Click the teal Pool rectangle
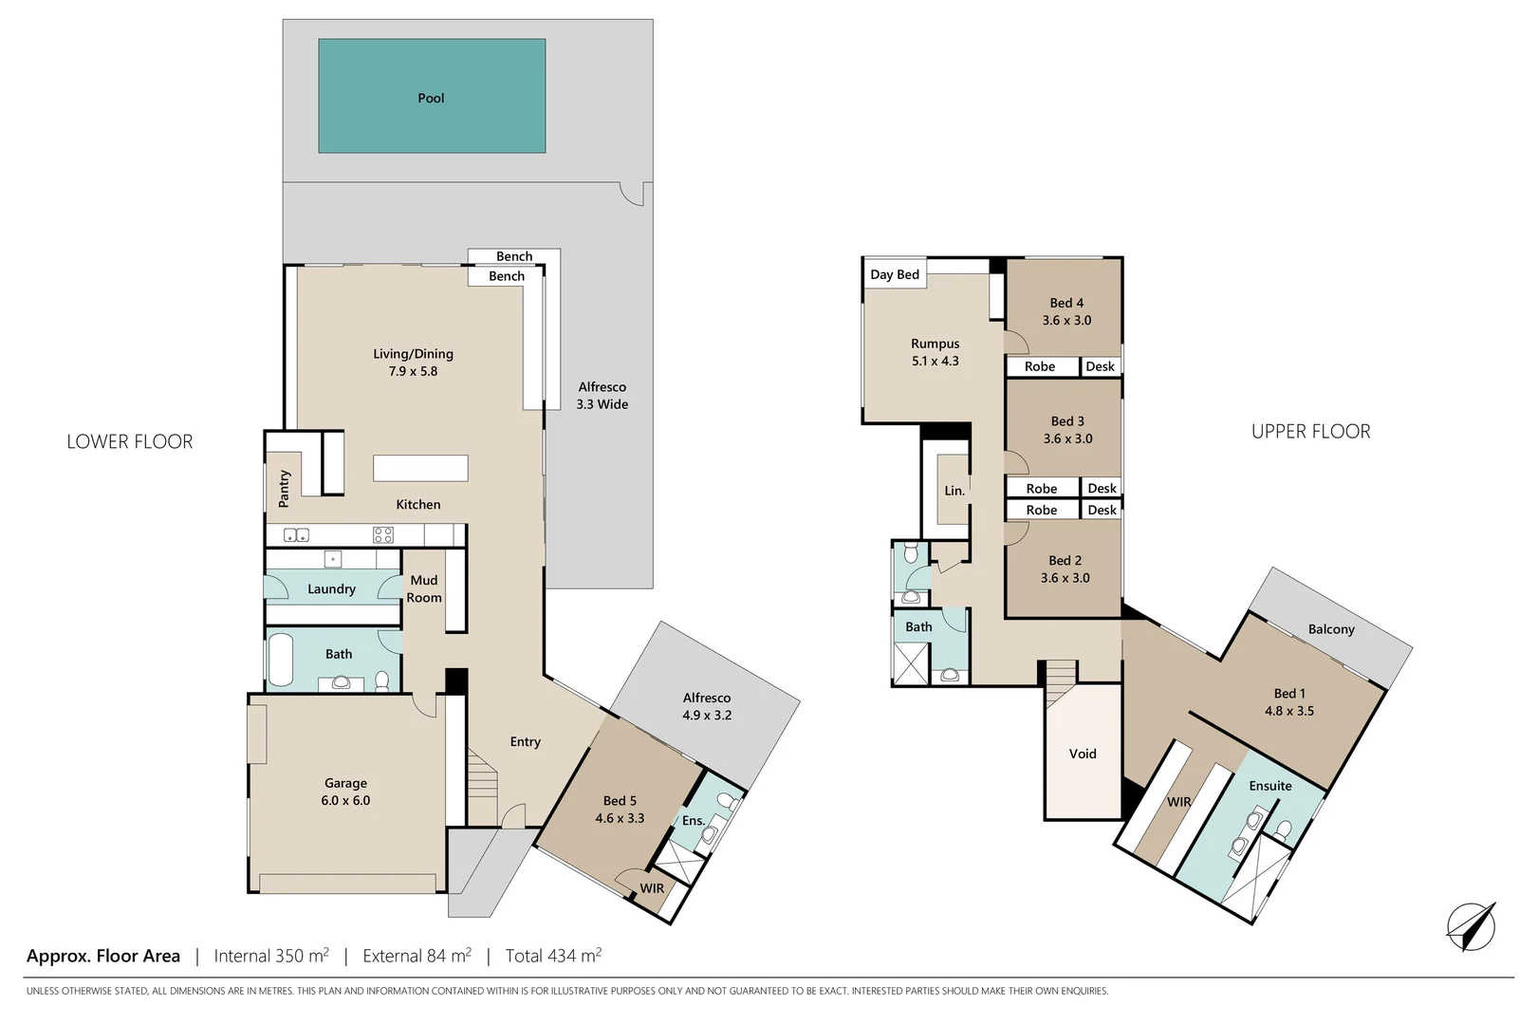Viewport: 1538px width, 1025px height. coord(432,96)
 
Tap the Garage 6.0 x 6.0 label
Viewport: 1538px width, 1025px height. coord(345,792)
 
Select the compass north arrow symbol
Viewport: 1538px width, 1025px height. coord(1471,926)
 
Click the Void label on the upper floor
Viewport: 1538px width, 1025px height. coord(1083,754)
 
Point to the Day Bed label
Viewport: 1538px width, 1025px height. coord(895,274)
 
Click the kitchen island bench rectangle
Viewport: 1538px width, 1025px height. coord(420,468)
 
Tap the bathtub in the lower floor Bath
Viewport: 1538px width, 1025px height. coord(281,660)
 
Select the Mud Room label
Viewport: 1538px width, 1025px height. coord(424,588)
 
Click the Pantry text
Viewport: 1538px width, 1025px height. coord(284,488)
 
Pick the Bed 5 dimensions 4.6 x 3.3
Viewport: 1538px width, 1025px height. coord(620,818)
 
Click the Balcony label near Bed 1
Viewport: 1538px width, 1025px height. coord(1331,629)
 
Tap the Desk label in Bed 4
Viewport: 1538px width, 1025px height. coord(1100,366)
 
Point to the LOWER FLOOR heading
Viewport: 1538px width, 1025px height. coord(130,441)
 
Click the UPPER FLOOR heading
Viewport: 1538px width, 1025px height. coord(1310,432)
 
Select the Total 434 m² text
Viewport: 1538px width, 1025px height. coord(553,956)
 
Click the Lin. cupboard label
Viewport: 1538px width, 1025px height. coord(954,491)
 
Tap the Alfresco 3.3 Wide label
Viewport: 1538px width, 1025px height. coord(602,395)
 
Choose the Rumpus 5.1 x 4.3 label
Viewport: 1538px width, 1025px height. coord(935,352)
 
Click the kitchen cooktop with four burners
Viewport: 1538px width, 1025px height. coord(383,534)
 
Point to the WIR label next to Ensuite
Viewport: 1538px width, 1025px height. coord(1178,802)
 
